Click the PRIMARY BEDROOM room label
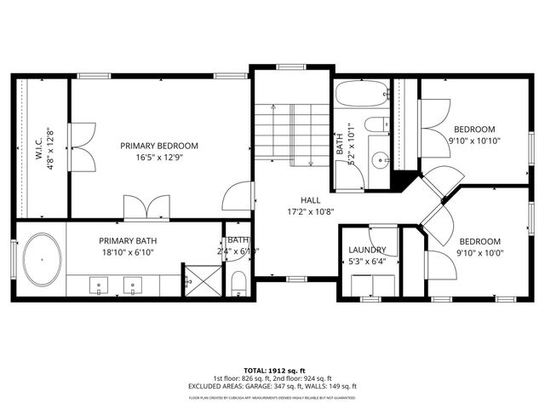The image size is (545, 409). (159, 146)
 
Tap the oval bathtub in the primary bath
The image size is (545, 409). (42, 259)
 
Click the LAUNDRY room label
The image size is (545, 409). (368, 250)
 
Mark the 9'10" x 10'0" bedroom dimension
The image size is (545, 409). (479, 253)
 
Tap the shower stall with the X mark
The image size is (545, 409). (195, 279)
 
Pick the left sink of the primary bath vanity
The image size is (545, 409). (98, 285)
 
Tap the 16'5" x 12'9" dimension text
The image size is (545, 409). (159, 158)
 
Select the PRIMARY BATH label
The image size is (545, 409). (128, 241)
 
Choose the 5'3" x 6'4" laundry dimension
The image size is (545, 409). (368, 262)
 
